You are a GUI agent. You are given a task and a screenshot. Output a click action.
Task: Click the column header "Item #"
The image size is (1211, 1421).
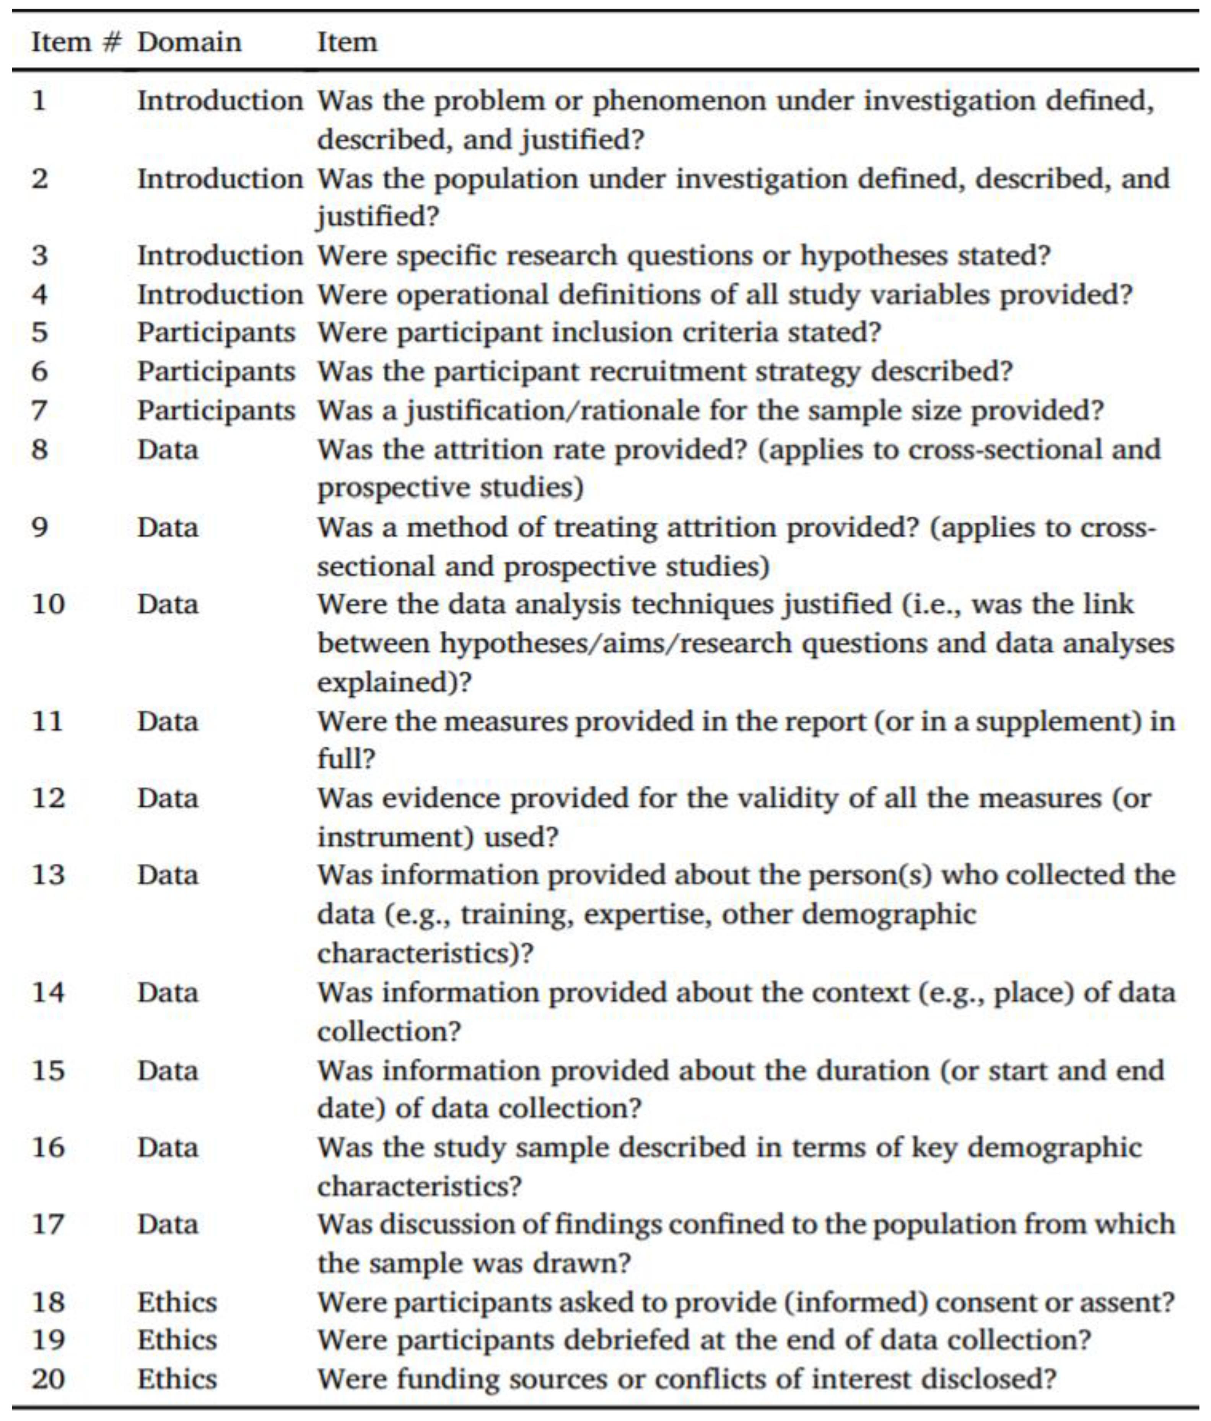pos(75,42)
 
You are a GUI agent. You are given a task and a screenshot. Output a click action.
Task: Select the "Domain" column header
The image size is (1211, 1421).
pos(189,42)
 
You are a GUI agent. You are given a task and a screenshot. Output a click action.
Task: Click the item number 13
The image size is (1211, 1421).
pos(48,875)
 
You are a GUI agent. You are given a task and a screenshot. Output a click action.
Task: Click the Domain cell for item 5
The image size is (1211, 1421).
pos(216,333)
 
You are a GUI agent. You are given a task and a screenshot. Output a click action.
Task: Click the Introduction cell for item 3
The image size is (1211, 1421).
pos(220,256)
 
